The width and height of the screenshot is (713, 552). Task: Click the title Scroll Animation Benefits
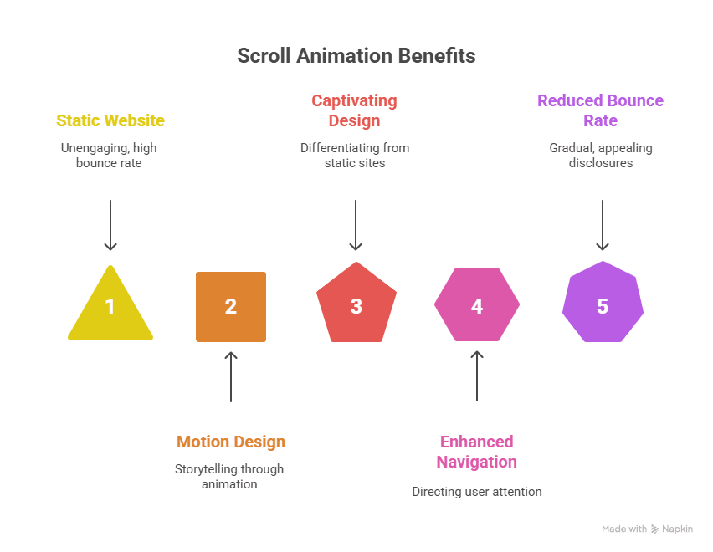(x=356, y=56)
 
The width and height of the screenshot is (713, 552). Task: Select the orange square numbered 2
(x=231, y=307)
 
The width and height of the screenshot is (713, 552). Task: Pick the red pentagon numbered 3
(x=356, y=305)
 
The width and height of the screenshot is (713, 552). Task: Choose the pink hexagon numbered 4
(x=477, y=305)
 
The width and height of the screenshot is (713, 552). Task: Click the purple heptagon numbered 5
(x=603, y=305)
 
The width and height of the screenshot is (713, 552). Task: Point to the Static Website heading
(x=110, y=120)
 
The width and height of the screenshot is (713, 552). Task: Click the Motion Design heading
(x=231, y=442)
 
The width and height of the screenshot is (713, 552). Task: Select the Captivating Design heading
(x=354, y=110)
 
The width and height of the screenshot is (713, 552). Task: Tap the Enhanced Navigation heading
(x=477, y=452)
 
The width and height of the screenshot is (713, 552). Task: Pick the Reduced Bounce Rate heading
(x=600, y=110)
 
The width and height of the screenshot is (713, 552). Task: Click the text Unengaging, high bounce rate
(x=109, y=155)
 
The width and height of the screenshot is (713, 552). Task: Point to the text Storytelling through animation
(x=229, y=476)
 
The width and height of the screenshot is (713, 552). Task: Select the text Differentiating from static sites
(x=355, y=155)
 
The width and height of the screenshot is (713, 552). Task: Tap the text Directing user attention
(x=477, y=492)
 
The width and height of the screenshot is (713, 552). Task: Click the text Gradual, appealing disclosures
(x=601, y=155)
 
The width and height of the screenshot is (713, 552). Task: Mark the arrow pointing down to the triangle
(x=110, y=225)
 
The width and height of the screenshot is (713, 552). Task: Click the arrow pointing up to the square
(x=231, y=376)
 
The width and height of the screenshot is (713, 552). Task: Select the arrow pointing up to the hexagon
(x=477, y=376)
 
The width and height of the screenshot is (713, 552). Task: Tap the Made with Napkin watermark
(x=647, y=529)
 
